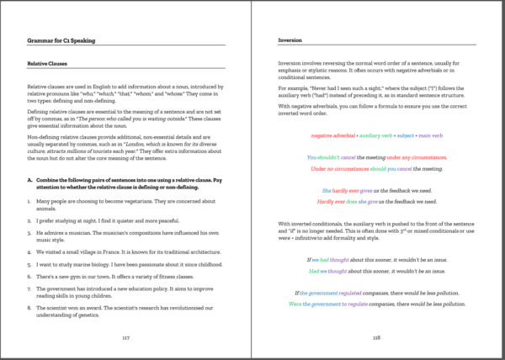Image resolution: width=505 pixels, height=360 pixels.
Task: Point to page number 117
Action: (126, 336)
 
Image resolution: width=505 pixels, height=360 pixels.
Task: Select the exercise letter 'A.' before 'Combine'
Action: (31, 179)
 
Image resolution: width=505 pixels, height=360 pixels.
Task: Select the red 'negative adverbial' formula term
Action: (332, 134)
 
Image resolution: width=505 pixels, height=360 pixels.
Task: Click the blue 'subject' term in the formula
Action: (407, 134)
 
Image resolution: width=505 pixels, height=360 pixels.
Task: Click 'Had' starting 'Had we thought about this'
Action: (314, 272)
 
